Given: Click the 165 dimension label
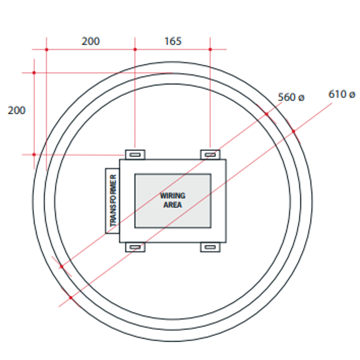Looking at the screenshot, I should point(173,41).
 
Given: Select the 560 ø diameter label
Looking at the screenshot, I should point(291,97).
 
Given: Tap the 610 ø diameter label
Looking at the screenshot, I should point(341,94).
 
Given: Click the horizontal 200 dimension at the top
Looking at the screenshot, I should point(91,41).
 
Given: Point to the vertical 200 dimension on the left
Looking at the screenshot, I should point(16,110).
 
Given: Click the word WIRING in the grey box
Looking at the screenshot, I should point(173,196).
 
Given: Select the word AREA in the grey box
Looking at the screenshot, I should point(173,205).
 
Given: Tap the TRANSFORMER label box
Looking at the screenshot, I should point(113,201).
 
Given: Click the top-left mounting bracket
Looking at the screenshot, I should point(135,155).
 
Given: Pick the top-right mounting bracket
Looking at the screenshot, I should point(210,155).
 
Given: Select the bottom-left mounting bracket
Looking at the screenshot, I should point(135,247).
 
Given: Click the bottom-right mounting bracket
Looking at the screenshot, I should point(210,247).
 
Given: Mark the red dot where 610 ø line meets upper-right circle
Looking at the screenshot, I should point(293,131).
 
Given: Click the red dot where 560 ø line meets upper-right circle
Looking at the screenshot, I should point(266,114).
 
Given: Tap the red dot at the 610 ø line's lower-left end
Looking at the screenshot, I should point(71,297).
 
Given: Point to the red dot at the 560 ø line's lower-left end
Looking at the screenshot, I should point(61,266).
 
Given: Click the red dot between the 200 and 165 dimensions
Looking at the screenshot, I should point(135,49).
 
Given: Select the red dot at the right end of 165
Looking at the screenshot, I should point(210,49).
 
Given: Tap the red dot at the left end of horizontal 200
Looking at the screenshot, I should point(46,49).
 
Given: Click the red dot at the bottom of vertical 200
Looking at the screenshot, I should point(34,154).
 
